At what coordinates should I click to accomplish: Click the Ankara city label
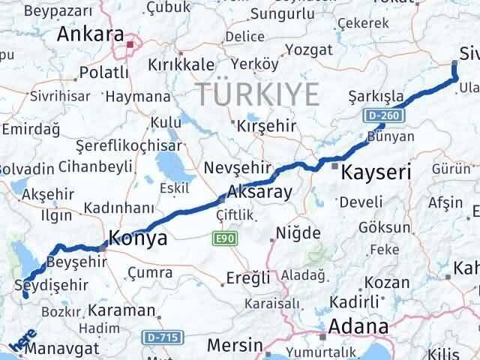91,34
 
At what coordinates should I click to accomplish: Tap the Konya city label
138,238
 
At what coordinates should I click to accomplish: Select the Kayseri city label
376,173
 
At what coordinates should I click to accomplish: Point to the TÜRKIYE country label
256,94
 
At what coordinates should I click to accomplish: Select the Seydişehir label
51,285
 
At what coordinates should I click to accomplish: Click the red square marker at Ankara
130,44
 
